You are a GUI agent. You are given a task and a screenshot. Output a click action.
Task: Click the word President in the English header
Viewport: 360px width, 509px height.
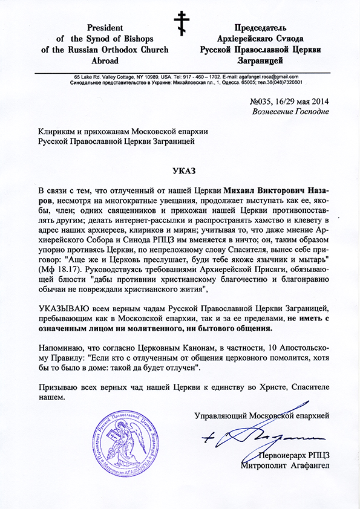pyautogui.click(x=105, y=28)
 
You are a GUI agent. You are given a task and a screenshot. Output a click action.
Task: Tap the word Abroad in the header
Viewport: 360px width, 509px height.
pyautogui.click(x=106, y=60)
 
